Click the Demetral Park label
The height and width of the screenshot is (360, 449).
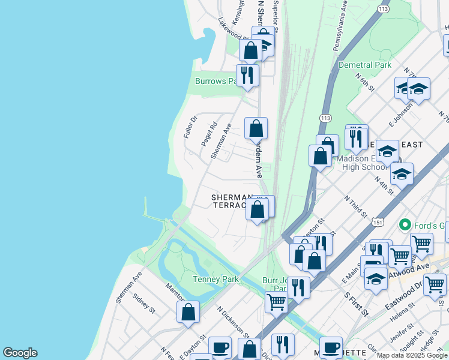[x=365, y=65]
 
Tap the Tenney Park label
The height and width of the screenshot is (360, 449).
[x=215, y=279]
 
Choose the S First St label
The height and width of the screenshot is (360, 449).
[x=356, y=304]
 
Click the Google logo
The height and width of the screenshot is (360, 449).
[x=20, y=353]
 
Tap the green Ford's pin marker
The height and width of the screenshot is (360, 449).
[x=405, y=225]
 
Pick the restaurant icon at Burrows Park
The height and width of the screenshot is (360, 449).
[x=247, y=74]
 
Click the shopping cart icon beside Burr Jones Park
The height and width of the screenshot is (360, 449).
[x=276, y=301]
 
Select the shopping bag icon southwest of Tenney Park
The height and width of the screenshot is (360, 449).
[x=188, y=312]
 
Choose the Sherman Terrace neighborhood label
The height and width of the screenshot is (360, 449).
[x=231, y=201]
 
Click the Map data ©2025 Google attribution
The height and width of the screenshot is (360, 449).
[x=412, y=355]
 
